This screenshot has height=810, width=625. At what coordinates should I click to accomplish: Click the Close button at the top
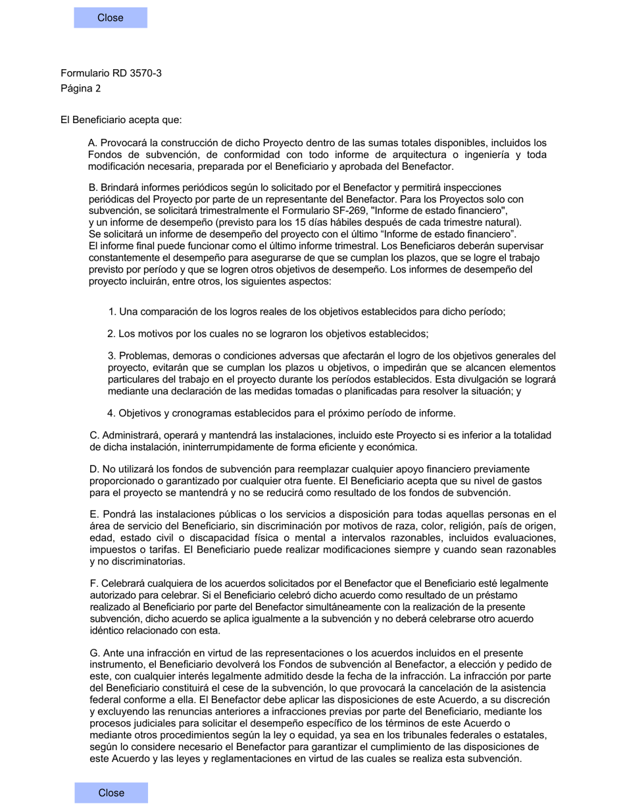111,18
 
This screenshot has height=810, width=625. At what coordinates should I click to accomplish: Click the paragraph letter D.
93,469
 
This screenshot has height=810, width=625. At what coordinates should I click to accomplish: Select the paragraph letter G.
94,653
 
